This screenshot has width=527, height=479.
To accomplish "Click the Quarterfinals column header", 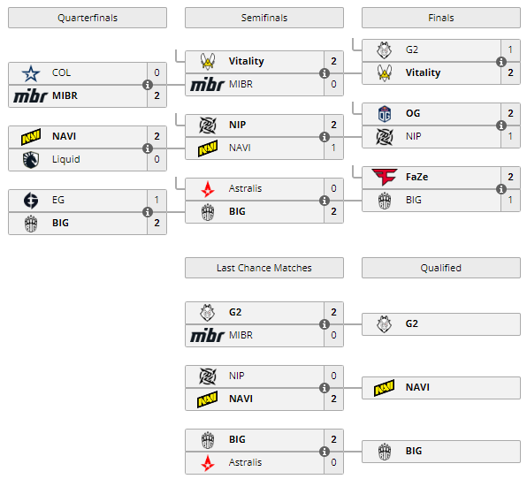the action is click(x=88, y=18).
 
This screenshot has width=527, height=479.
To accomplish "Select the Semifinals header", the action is click(x=264, y=18).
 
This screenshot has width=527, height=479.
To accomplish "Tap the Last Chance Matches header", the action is click(x=264, y=268).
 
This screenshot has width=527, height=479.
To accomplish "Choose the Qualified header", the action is click(x=441, y=268).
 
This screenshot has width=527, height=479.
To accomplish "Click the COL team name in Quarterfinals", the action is click(x=61, y=72).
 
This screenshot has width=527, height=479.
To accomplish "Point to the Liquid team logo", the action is click(x=31, y=160).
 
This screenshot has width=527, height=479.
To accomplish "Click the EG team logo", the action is click(x=31, y=201).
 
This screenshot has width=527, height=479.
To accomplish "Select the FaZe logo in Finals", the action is click(x=385, y=177).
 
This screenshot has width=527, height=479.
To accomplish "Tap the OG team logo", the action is click(x=385, y=113).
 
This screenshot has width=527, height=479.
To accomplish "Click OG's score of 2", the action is click(x=510, y=113).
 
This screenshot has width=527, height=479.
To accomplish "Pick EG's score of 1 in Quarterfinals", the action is click(x=157, y=200).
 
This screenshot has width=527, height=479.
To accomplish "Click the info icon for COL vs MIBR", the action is click(x=147, y=85).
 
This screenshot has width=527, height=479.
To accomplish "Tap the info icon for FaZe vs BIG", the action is click(x=501, y=189).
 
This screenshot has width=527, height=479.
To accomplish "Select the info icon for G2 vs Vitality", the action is click(x=501, y=62).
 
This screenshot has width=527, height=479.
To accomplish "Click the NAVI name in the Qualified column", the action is click(x=417, y=387).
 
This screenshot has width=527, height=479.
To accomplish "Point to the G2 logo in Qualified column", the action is click(x=385, y=324).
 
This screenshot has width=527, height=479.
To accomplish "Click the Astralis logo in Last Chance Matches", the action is click(x=208, y=462).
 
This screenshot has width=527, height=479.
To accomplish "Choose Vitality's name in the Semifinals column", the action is click(x=247, y=61).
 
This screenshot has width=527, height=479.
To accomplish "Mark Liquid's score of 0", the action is click(x=157, y=159).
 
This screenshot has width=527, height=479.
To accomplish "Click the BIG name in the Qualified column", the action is click(x=414, y=451).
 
